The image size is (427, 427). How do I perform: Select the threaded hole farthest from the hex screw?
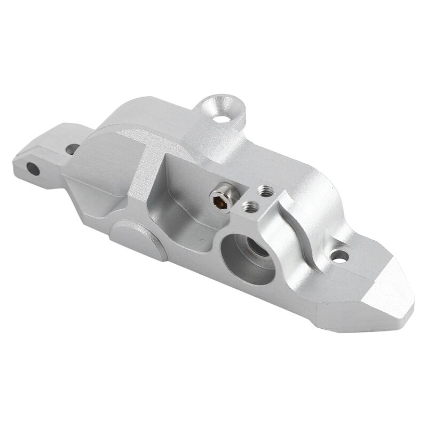click(263, 189)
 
